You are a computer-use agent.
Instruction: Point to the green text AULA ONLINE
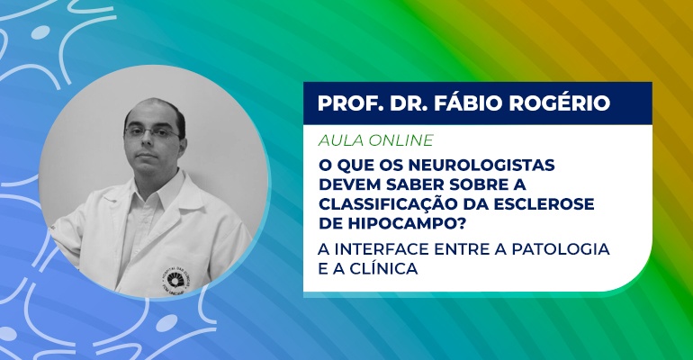(375, 140)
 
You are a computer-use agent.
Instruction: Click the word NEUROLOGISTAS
(481, 165)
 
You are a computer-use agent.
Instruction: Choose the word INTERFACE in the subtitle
(382, 249)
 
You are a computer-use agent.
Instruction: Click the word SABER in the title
(416, 184)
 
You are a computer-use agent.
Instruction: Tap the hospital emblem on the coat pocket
(175, 280)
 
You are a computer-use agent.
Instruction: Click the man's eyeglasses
(151, 132)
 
